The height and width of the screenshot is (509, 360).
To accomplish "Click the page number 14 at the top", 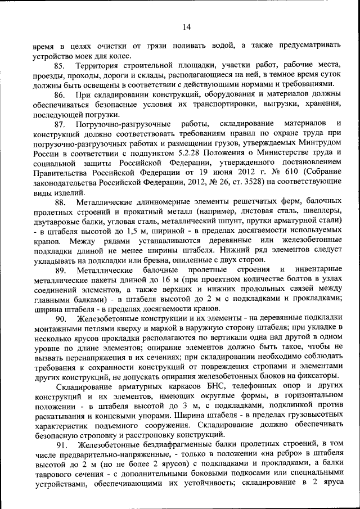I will point(187,26).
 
